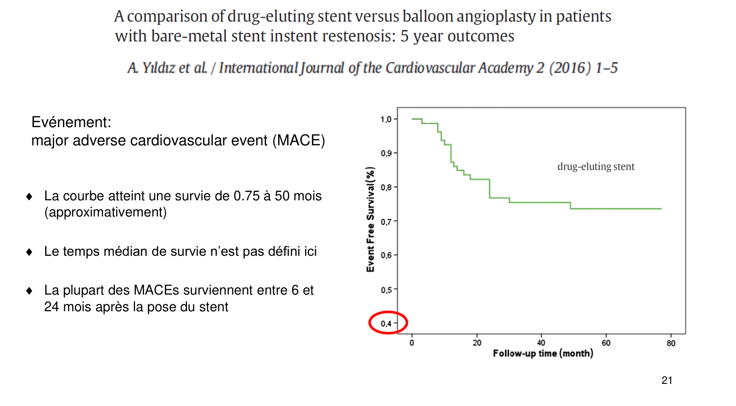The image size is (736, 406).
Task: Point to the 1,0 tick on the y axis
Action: [x=386, y=119]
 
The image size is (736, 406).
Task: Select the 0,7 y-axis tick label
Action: [x=386, y=221]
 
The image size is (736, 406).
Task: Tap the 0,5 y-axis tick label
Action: [x=386, y=290]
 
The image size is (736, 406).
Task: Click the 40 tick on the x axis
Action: [x=541, y=343]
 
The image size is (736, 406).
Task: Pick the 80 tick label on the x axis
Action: [x=671, y=343]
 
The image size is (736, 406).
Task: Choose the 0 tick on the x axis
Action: [x=412, y=343]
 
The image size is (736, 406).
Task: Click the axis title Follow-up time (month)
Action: [x=543, y=353]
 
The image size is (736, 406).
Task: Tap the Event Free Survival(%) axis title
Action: [x=370, y=219]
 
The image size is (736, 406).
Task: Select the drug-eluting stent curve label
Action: [x=596, y=166]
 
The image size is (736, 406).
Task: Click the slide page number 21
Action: [x=667, y=380]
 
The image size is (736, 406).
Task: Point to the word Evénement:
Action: [x=71, y=122]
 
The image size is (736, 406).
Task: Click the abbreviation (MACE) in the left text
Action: [x=299, y=140]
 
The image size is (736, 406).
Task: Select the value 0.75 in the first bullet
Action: [x=246, y=196]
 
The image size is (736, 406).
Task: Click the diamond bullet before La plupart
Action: [x=29, y=291]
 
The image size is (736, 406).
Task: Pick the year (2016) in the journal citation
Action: [x=570, y=68]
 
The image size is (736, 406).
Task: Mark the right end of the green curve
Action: [x=661, y=209]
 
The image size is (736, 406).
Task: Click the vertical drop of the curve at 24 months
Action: [x=490, y=189]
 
